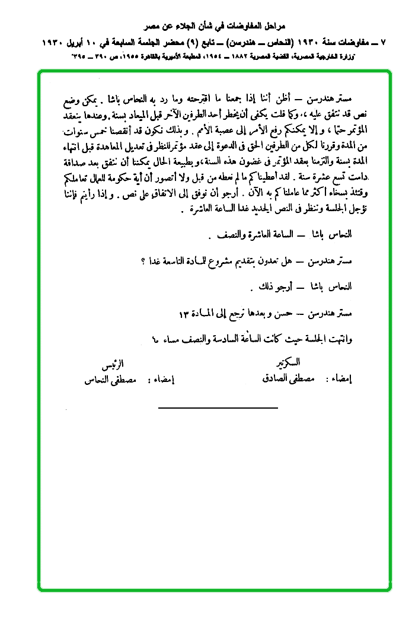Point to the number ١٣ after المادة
click(186, 313)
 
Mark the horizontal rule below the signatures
click(218, 407)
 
